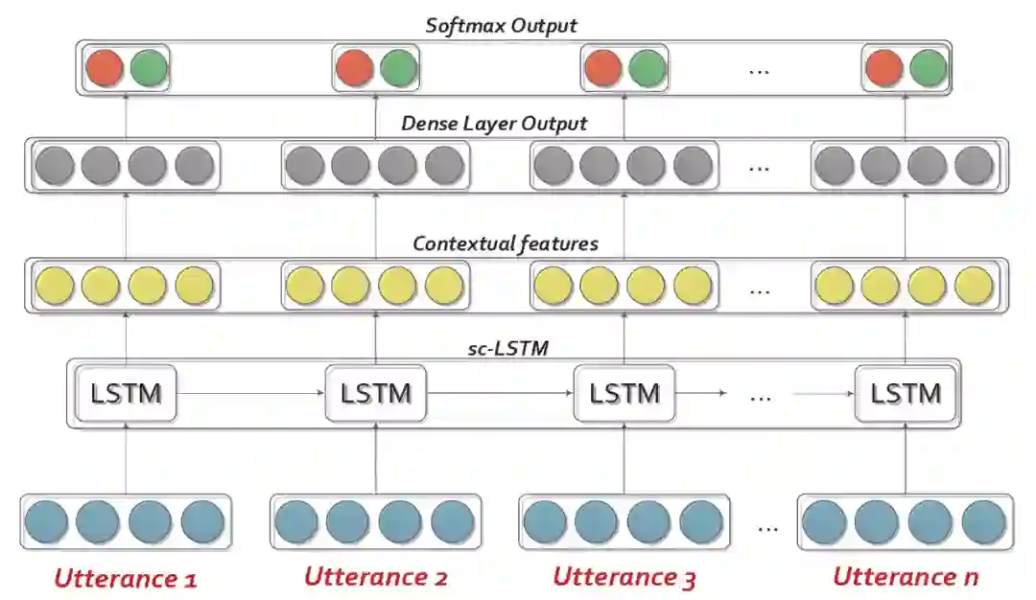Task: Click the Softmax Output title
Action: pyautogui.click(x=501, y=25)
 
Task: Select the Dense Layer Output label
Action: pyautogui.click(x=494, y=124)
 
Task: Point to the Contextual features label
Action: pyautogui.click(x=506, y=243)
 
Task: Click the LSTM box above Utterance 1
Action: pyautogui.click(x=126, y=393)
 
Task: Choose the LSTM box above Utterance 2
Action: pyautogui.click(x=375, y=393)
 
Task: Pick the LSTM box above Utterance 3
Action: pyautogui.click(x=624, y=393)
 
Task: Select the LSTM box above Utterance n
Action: pyautogui.click(x=906, y=393)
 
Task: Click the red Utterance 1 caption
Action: pyautogui.click(x=126, y=578)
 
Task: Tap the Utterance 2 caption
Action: pyautogui.click(x=375, y=576)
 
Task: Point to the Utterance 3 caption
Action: pyautogui.click(x=624, y=577)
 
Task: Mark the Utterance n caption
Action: pyautogui.click(x=905, y=576)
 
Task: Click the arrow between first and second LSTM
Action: pyautogui.click(x=251, y=393)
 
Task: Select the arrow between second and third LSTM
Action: pyautogui.click(x=500, y=393)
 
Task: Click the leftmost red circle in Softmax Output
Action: pyautogui.click(x=104, y=68)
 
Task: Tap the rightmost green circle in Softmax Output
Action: pyautogui.click(x=928, y=68)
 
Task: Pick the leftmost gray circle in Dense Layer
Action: pyautogui.click(x=54, y=166)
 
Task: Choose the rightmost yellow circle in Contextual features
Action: pyautogui.click(x=974, y=285)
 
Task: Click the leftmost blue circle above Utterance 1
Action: pyautogui.click(x=47, y=522)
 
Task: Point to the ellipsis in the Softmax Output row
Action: pyautogui.click(x=759, y=70)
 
